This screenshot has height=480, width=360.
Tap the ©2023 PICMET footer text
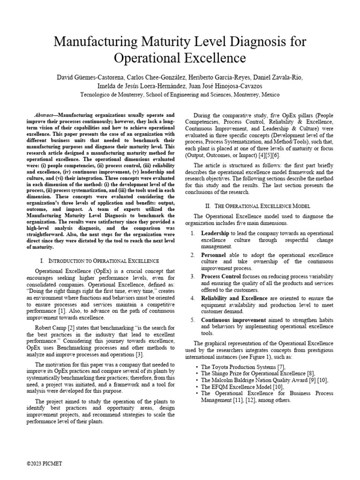pyautogui.click(x=45, y=463)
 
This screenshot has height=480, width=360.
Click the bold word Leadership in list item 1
pyautogui.click(x=215, y=233)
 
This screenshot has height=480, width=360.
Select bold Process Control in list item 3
pyautogui.click(x=221, y=276)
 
